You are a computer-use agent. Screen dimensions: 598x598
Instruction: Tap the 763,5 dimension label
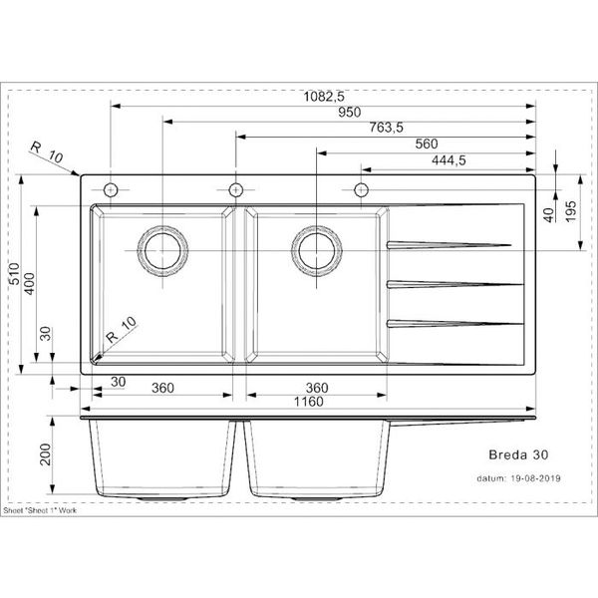[385, 128]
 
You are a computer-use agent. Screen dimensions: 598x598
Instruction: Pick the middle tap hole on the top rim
[234, 190]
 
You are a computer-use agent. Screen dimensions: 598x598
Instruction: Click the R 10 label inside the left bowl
[121, 328]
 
